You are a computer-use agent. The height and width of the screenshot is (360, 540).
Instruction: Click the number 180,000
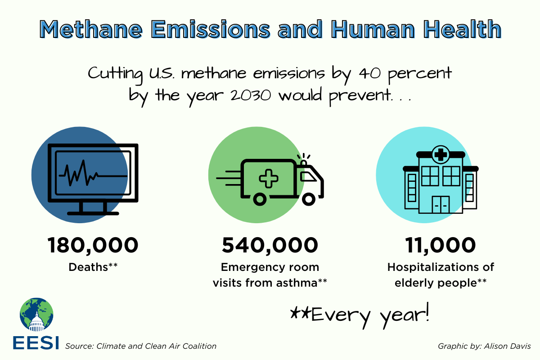pyautogui.click(x=93, y=245)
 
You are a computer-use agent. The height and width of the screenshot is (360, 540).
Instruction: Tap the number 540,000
pyautogui.click(x=270, y=245)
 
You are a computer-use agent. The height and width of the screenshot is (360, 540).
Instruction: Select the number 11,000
pyautogui.click(x=441, y=245)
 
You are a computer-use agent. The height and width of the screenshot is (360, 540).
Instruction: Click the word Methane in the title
pyautogui.click(x=91, y=29)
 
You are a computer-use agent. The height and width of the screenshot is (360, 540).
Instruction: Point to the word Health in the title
pyautogui.click(x=462, y=29)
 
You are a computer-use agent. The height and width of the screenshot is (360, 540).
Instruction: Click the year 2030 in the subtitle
pyautogui.click(x=251, y=95)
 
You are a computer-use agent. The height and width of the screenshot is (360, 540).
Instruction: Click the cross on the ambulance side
pyautogui.click(x=269, y=179)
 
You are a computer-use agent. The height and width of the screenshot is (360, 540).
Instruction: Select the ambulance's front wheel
pyautogui.click(x=309, y=199)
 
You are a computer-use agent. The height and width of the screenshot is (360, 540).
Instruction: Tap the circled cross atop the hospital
pyautogui.click(x=441, y=155)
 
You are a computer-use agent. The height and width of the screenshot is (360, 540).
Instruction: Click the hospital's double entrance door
pyautogui.click(x=441, y=205)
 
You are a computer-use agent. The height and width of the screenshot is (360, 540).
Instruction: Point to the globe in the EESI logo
pyautogui.click(x=36, y=315)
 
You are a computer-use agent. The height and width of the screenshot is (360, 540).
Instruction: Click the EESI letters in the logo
pyautogui.click(x=36, y=343)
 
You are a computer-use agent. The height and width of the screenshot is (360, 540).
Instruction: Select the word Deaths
pyautogui.click(x=88, y=267)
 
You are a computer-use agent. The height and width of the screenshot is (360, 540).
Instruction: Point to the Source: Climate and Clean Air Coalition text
pyautogui.click(x=141, y=346)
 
